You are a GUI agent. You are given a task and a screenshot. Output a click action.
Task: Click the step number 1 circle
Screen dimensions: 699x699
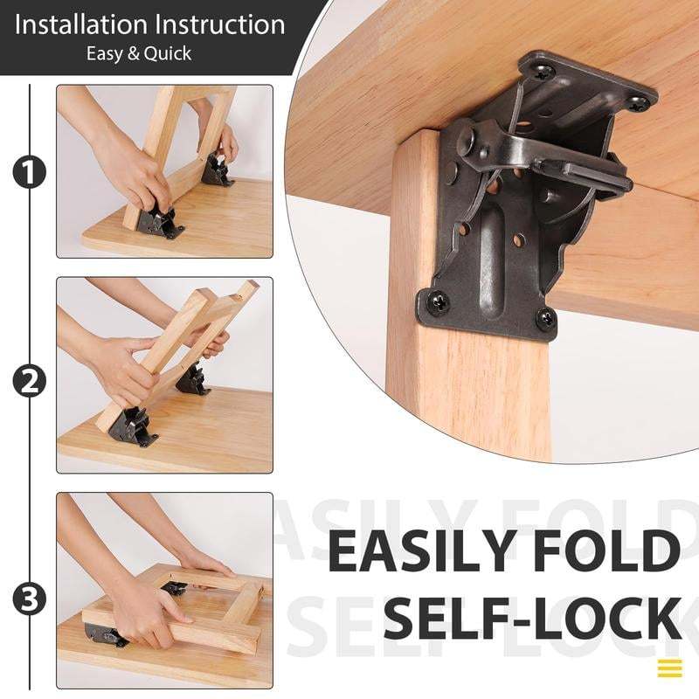[29, 172]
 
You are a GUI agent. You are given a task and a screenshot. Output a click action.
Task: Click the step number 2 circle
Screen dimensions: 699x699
[29, 381]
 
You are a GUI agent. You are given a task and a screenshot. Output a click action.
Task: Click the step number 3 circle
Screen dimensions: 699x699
[29, 599]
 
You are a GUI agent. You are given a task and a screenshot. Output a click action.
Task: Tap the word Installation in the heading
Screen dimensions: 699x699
[84, 24]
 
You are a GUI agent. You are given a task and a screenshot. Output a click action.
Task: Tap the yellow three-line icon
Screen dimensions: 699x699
[669, 668]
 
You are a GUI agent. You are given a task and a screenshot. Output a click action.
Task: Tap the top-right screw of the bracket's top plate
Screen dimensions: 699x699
[639, 103]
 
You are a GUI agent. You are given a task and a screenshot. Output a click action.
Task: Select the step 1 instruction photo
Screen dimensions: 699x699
[164, 171]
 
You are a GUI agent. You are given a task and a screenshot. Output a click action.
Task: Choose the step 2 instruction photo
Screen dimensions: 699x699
[164, 375]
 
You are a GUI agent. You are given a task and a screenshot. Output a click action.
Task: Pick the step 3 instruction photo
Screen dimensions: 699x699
[164, 590]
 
